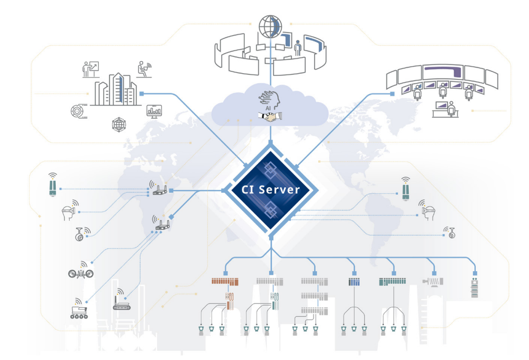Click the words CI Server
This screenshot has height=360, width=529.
[x=271, y=190]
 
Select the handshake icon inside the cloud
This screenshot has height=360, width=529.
[x=270, y=117]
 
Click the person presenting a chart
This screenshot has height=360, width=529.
[x=91, y=69]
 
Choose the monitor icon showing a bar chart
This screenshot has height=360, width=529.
[x=154, y=110]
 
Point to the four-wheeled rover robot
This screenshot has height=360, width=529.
[x=79, y=311]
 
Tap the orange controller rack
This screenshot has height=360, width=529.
[x=225, y=281]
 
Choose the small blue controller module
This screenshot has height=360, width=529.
[x=353, y=282]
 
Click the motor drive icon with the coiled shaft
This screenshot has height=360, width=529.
[x=433, y=281]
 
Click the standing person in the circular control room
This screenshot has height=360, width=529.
[x=297, y=50]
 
